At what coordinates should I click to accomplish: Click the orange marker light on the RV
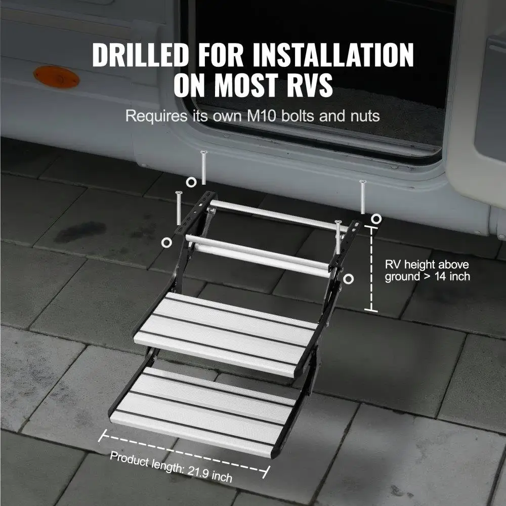tap(56, 77)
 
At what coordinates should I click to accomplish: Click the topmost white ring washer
tap(191, 182)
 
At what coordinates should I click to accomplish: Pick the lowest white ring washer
tap(348, 279)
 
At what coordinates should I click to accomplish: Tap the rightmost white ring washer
tap(376, 219)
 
